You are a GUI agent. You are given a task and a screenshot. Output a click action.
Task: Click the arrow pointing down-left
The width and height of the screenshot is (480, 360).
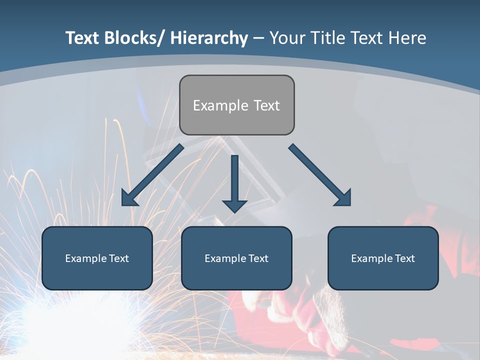click(152, 175)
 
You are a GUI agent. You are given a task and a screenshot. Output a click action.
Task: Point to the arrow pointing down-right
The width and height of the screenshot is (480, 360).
click(320, 175)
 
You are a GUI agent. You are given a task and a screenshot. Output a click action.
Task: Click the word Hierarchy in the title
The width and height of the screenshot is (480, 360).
click(209, 38)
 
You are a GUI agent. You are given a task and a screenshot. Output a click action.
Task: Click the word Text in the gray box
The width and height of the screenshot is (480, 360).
click(266, 105)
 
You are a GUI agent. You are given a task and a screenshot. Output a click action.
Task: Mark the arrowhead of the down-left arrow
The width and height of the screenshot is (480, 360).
click(128, 198)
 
